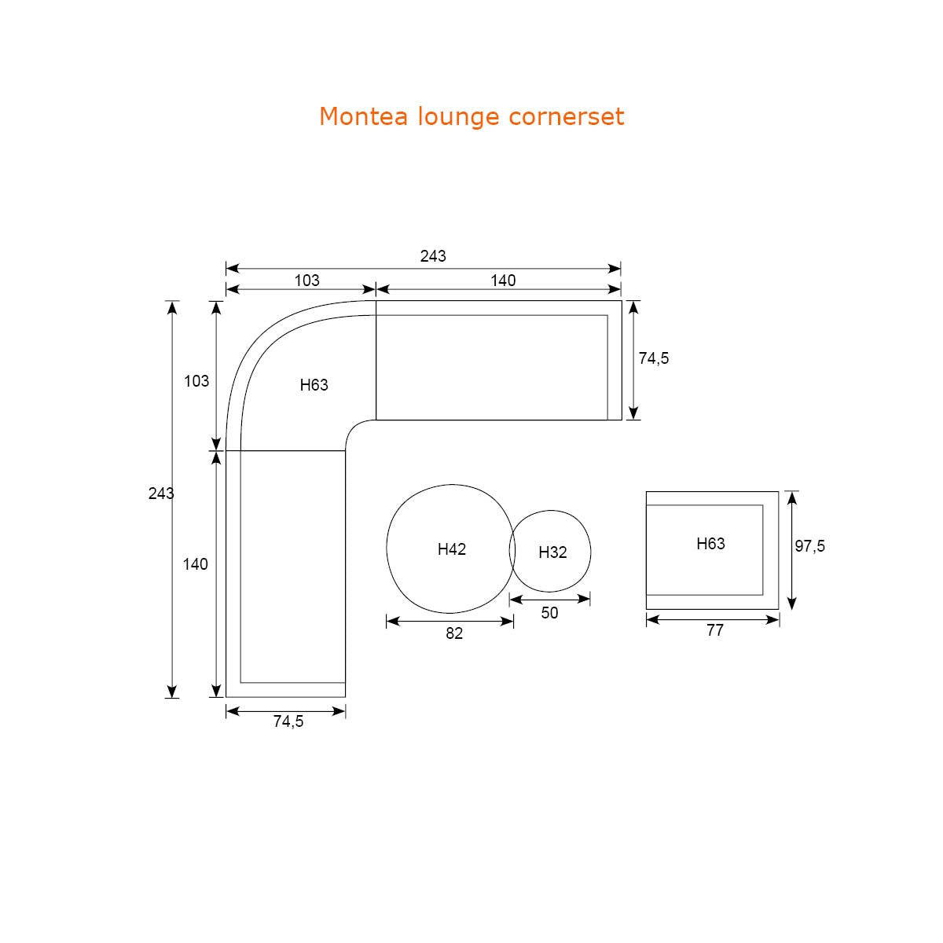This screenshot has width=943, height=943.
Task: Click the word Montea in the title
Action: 363,116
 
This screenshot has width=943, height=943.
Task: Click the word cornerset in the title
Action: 566,116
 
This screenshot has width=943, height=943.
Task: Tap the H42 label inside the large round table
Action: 451,549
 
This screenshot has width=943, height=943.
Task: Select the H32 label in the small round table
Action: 552,552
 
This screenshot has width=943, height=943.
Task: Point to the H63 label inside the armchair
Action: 710,543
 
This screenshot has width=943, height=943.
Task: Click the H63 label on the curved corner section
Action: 314,384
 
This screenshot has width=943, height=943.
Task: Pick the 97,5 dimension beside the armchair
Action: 810,545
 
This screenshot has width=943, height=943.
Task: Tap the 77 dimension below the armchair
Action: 715,629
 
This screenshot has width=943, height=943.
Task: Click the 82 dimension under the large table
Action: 454,633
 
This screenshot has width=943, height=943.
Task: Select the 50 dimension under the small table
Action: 549,613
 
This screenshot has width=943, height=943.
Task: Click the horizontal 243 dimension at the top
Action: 433,256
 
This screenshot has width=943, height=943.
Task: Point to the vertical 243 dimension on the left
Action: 161,494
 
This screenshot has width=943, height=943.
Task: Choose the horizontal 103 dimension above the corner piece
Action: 306,281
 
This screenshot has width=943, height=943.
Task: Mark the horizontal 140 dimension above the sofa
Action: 503,281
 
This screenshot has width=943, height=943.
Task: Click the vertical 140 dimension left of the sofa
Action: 195,564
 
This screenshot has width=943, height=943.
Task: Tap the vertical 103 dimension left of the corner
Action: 196,380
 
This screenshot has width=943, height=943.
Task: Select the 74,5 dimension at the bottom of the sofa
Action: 288,721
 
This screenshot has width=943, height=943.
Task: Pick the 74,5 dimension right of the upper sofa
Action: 653,358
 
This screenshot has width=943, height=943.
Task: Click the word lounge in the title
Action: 458,117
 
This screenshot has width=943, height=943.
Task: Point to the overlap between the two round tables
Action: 512,550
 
